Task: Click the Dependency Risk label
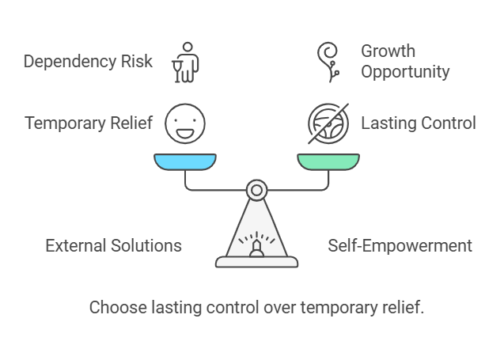tap(87, 62)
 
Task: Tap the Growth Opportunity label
tap(405, 62)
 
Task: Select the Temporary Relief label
tap(88, 123)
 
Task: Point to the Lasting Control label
tap(419, 123)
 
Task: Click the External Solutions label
tap(113, 245)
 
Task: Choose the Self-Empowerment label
tap(400, 245)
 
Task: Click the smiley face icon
tap(185, 123)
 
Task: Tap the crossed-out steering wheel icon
tap(328, 123)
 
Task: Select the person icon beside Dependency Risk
tap(185, 62)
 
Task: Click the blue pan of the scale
tap(185, 162)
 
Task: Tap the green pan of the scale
tap(328, 162)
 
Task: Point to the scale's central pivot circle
tap(256, 190)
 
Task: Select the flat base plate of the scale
tap(256, 262)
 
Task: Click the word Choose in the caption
tap(113, 307)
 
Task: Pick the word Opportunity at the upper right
tap(405, 71)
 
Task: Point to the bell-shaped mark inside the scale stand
tap(256, 249)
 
